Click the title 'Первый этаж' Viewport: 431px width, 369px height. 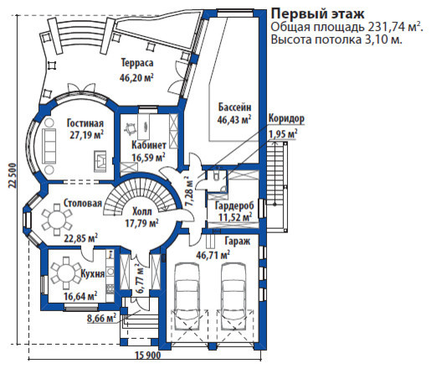[x=318, y=14]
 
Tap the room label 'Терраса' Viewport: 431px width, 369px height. [x=137, y=63]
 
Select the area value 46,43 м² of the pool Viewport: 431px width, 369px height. [x=234, y=119]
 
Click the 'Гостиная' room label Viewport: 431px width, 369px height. [x=85, y=123]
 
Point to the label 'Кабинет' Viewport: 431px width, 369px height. [x=149, y=145]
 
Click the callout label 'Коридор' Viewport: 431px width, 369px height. [x=286, y=118]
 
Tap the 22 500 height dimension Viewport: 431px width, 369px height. [x=13, y=176]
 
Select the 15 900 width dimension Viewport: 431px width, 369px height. [x=148, y=356]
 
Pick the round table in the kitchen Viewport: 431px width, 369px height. [x=65, y=273]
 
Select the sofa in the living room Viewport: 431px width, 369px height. [x=49, y=146]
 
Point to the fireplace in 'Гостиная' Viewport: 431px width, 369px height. [x=100, y=161]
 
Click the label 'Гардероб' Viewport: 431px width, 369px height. [x=234, y=205]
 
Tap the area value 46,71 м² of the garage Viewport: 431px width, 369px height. [x=213, y=255]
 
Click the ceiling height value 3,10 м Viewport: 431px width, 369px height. [x=383, y=40]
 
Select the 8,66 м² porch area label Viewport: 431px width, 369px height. [x=101, y=318]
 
